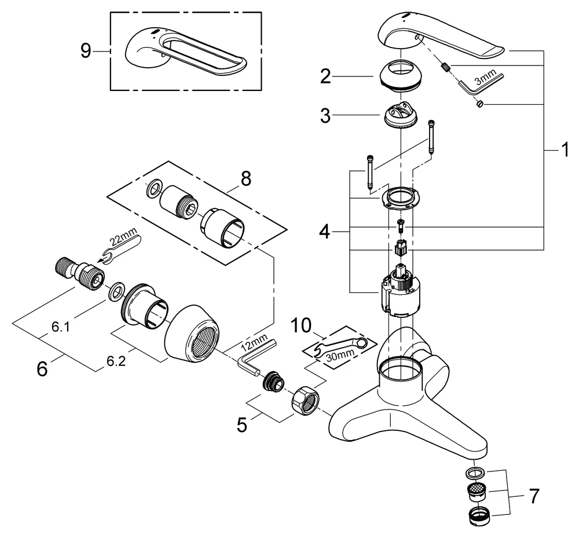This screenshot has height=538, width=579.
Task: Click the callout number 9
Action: (x=86, y=52)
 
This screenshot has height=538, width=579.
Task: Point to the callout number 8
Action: (x=245, y=179)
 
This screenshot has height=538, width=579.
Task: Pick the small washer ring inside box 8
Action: (x=153, y=188)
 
